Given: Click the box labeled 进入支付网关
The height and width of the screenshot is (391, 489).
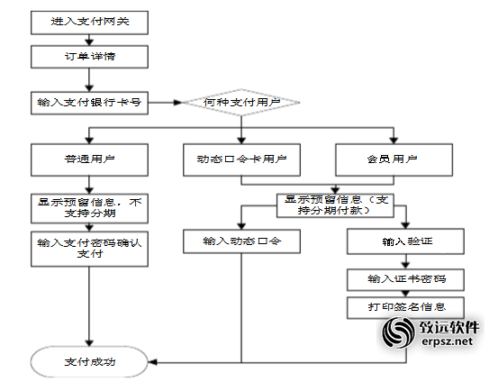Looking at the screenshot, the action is tap(89, 23).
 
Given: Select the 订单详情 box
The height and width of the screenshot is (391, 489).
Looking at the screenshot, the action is tap(89, 57).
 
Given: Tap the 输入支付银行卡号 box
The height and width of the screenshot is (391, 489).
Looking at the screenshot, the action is tap(89, 103).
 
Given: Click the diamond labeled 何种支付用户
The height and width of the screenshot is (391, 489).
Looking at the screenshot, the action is tap(241, 103).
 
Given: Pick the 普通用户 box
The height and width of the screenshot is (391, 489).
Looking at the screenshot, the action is tap(89, 159).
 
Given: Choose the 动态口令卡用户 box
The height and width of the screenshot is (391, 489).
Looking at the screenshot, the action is tap(241, 159).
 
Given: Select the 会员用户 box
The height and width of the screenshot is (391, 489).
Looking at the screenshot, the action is tap(394, 159).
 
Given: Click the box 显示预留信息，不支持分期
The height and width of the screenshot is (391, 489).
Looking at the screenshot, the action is tap(89, 208).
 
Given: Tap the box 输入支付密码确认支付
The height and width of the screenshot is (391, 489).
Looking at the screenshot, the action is tap(89, 249).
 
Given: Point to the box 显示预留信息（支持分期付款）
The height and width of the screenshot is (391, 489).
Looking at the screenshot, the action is tap(335, 205).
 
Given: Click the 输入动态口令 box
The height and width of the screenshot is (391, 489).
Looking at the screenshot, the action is tap(241, 241).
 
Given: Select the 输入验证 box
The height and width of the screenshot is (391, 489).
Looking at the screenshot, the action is tap(405, 241).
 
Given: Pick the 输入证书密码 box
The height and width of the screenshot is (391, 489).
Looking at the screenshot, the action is tap(405, 279).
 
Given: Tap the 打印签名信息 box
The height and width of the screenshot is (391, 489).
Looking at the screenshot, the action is tap(405, 308).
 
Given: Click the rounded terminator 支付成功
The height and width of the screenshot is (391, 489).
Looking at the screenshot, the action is tap(89, 361).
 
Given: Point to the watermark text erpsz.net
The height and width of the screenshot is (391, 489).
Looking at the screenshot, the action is tap(448, 341).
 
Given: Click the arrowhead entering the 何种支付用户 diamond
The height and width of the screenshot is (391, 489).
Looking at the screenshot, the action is tap(178, 103).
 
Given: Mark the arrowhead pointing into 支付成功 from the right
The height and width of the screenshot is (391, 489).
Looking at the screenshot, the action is tap(152, 362).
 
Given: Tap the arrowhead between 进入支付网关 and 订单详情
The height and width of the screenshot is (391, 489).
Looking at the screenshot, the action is tap(89, 41).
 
